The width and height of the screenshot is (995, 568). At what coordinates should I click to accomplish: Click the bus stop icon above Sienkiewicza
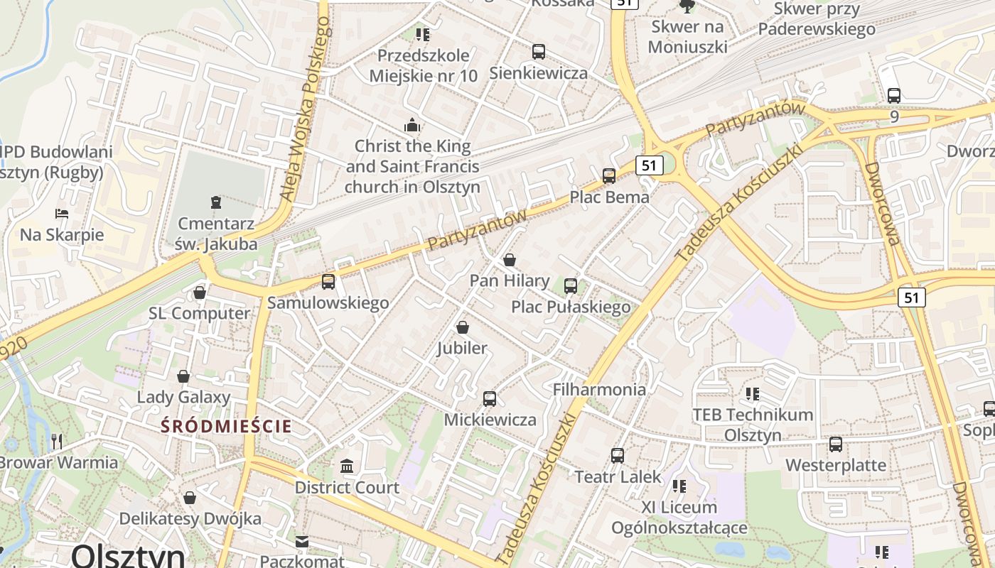[539, 51]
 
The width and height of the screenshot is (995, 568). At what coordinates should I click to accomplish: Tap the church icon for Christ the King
[412, 126]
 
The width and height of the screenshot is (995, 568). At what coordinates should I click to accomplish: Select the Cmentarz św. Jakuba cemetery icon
[216, 202]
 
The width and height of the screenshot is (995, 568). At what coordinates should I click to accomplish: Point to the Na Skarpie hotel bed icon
[62, 213]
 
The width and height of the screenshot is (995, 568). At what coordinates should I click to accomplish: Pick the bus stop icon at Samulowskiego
[328, 281]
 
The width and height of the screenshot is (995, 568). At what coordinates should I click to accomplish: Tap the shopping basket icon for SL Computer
[199, 292]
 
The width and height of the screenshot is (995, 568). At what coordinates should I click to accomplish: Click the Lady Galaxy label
[183, 397]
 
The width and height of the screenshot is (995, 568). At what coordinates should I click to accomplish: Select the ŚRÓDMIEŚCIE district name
[226, 426]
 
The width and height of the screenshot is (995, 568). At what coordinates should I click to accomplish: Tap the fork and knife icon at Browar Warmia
[57, 441]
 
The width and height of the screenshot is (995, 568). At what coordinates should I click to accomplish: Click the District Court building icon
[348, 466]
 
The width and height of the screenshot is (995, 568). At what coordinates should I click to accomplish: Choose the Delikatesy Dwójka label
[190, 518]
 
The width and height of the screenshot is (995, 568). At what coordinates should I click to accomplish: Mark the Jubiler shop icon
[463, 327]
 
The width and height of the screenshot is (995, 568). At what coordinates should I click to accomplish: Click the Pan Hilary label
[510, 280]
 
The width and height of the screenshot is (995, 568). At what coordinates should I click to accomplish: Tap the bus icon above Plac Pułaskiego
[571, 285]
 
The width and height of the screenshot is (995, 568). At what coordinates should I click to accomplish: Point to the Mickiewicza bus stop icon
[490, 398]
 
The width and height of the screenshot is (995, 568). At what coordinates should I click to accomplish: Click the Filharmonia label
[599, 389]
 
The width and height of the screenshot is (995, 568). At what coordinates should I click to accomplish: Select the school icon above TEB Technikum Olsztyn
[753, 393]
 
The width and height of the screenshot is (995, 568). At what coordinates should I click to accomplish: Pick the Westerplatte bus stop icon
[836, 444]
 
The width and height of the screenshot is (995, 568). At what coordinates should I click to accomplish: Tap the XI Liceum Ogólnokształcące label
[679, 518]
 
